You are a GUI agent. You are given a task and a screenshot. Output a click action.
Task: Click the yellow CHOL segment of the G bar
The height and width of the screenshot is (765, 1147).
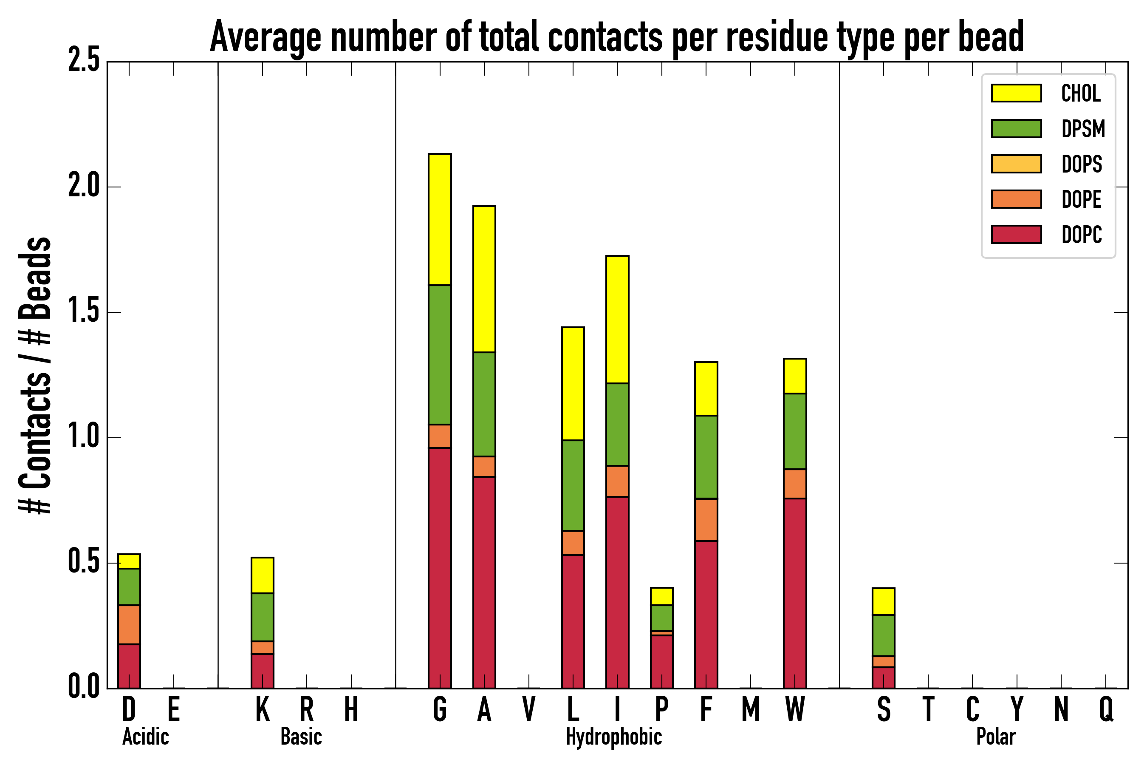439,220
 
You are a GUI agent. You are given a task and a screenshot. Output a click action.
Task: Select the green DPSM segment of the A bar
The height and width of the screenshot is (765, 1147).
484,404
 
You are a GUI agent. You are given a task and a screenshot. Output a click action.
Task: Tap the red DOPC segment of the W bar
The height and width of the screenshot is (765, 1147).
794,593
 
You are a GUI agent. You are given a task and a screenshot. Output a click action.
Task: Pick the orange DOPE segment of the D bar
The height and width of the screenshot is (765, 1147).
129,624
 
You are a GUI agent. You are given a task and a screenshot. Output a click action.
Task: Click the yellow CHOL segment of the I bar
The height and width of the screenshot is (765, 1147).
617,319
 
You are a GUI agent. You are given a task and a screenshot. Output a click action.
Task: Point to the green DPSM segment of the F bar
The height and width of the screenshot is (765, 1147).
706,457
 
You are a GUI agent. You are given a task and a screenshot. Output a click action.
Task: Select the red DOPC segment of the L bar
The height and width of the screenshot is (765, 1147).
573,621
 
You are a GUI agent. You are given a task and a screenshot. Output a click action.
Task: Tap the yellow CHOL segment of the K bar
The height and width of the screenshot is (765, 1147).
263,575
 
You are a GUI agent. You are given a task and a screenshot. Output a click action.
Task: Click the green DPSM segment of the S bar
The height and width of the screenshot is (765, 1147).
883,635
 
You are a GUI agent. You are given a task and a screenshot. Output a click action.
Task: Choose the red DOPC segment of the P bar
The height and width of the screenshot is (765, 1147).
661,661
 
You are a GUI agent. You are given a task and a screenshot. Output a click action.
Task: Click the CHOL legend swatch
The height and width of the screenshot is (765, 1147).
1016,93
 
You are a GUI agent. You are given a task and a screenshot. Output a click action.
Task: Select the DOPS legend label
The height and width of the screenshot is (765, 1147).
1082,164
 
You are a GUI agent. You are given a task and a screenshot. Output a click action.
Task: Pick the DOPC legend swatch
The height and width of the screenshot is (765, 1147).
1016,234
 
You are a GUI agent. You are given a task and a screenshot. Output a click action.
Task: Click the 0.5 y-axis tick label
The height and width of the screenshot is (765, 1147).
83,562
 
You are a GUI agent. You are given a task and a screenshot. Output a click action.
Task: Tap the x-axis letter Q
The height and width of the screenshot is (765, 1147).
1106,709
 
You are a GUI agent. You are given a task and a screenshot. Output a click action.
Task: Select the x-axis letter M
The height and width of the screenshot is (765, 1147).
751,709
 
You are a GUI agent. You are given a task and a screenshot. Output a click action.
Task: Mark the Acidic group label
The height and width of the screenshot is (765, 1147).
145,737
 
